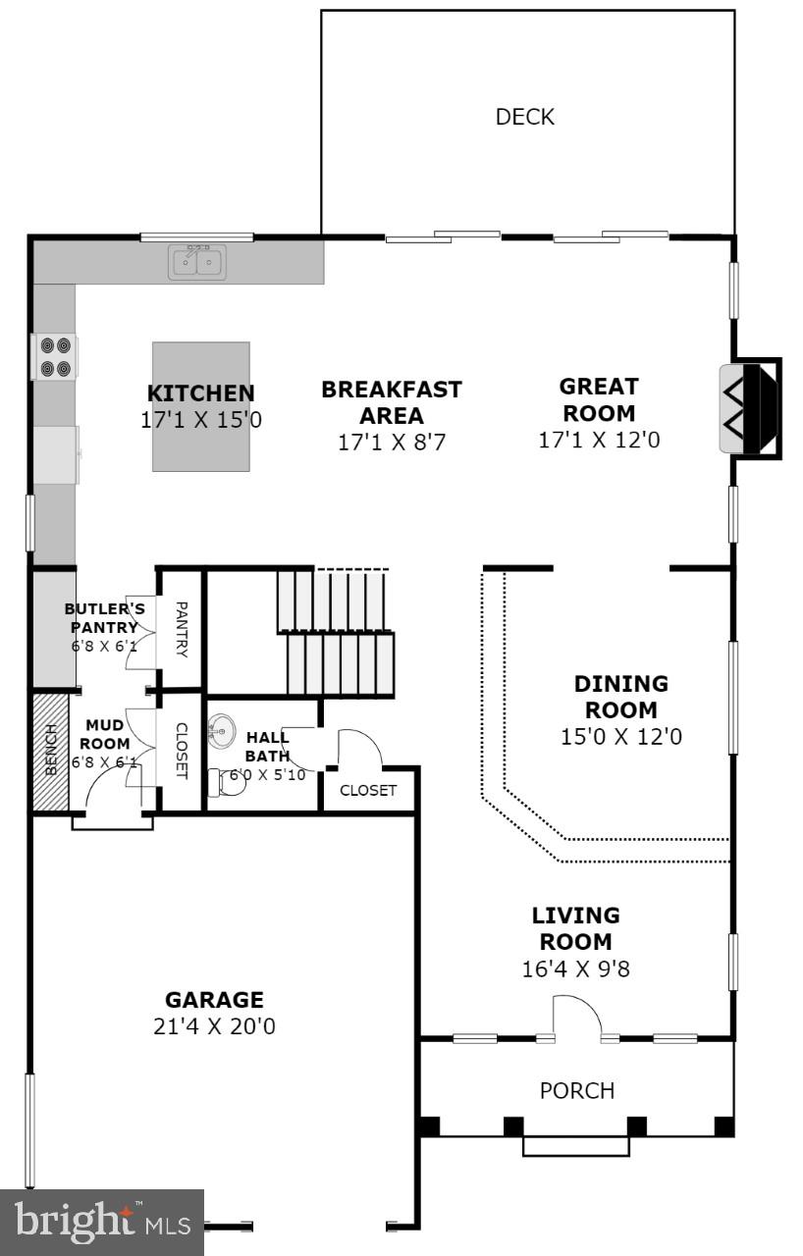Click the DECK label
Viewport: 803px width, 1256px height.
(525, 117)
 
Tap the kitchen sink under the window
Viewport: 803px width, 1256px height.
(196, 262)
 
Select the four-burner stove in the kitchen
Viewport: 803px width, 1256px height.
(55, 357)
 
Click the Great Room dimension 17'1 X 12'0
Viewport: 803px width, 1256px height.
(599, 440)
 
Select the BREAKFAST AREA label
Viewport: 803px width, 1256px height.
(392, 402)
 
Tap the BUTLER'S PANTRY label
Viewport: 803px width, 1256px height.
(105, 618)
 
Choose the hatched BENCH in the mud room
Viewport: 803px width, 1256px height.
(50, 752)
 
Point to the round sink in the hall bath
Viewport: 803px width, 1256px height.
(221, 731)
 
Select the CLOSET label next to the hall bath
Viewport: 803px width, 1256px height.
(368, 790)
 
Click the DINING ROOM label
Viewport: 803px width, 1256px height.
(620, 696)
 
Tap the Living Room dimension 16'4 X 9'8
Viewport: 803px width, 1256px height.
(575, 968)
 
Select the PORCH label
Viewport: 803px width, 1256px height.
(577, 1090)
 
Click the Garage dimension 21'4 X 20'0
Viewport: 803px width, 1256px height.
(214, 1026)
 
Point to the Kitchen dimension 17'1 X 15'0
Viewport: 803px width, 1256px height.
(201, 420)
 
